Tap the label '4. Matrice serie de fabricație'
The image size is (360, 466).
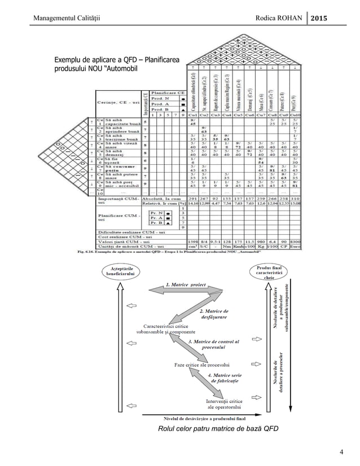[x=224, y=378]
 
